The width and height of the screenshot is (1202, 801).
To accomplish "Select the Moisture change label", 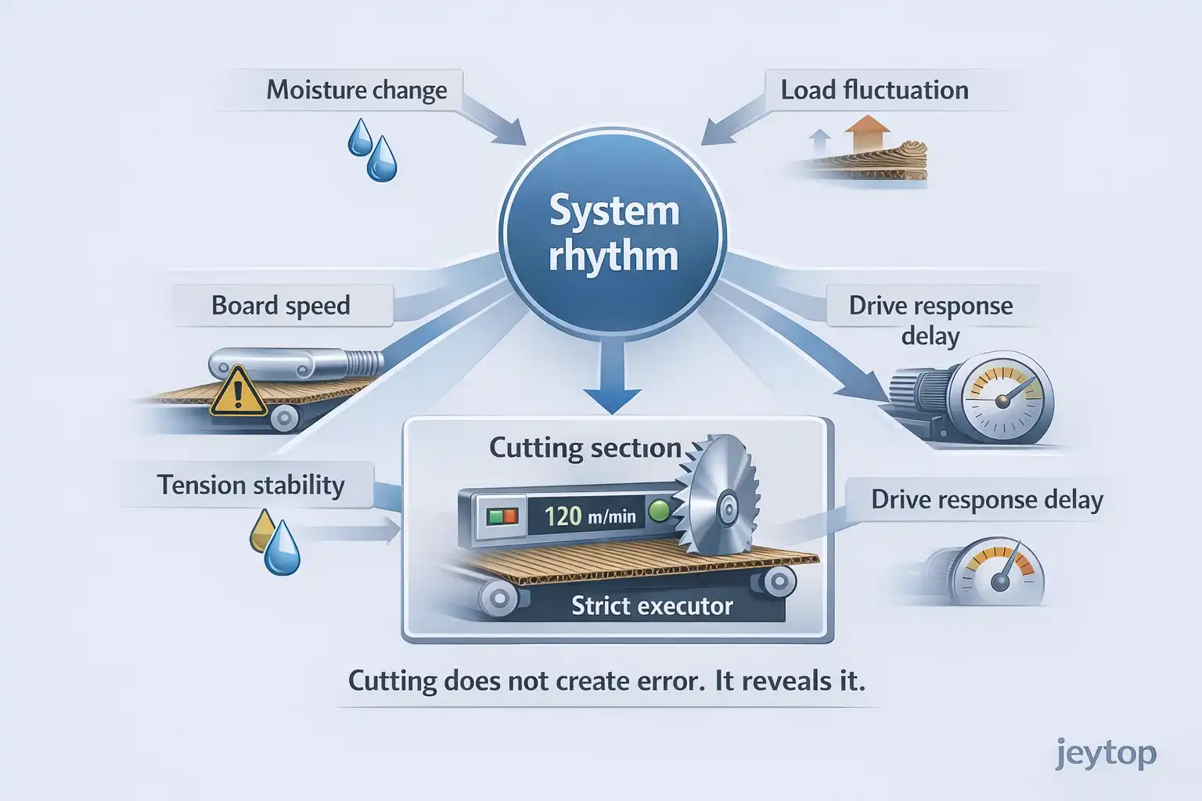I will (356, 90).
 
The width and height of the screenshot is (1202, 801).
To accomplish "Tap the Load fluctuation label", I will (874, 90).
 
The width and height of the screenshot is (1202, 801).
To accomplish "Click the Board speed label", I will (280, 305).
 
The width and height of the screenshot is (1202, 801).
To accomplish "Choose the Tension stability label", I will (250, 485).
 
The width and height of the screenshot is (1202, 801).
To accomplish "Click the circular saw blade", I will (718, 494).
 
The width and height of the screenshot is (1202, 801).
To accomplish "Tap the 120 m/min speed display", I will (589, 515).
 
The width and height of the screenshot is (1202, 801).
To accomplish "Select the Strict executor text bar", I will (651, 605).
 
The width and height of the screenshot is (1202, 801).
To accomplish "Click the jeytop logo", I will (1105, 754).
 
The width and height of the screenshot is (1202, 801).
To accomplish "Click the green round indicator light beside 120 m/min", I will (660, 512).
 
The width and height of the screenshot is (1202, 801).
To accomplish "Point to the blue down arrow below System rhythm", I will (613, 383).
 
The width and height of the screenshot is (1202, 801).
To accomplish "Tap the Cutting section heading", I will (585, 447).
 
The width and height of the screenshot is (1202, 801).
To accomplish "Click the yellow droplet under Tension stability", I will (261, 530).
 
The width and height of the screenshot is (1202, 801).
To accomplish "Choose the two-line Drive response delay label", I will (930, 319).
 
